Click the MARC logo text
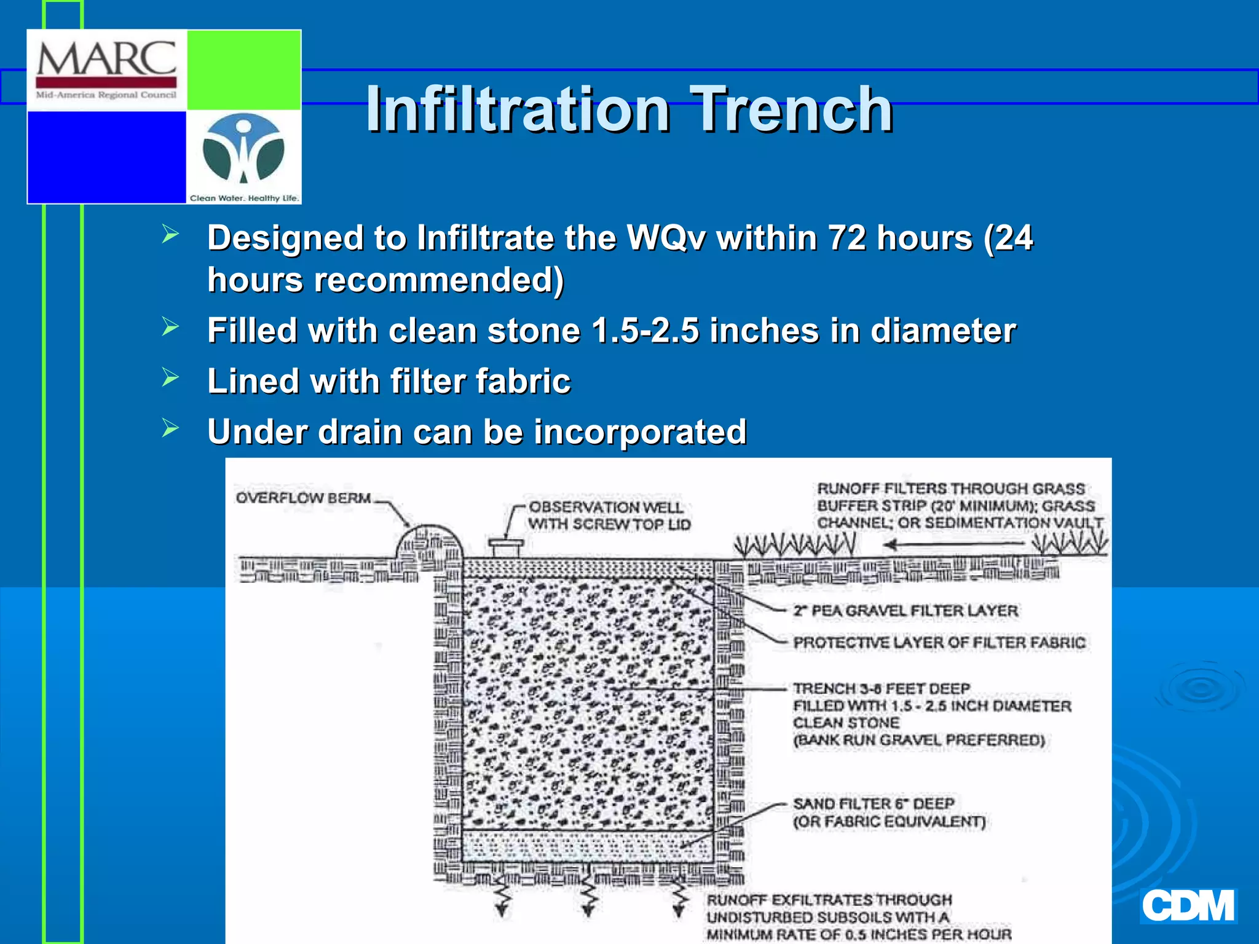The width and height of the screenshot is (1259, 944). [106, 59]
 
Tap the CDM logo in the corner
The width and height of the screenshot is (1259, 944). [1188, 906]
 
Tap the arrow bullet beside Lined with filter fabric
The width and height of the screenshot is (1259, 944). [170, 377]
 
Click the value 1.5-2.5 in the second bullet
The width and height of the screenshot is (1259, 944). [645, 331]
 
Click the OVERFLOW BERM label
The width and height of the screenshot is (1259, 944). [304, 498]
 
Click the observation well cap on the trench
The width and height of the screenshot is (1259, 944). [505, 545]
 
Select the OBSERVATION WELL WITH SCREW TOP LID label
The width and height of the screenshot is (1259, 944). [609, 516]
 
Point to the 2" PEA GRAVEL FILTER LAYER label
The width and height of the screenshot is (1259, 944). [905, 610]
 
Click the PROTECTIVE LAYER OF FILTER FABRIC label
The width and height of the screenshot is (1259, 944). [939, 642]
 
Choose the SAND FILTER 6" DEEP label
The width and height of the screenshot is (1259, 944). [874, 804]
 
